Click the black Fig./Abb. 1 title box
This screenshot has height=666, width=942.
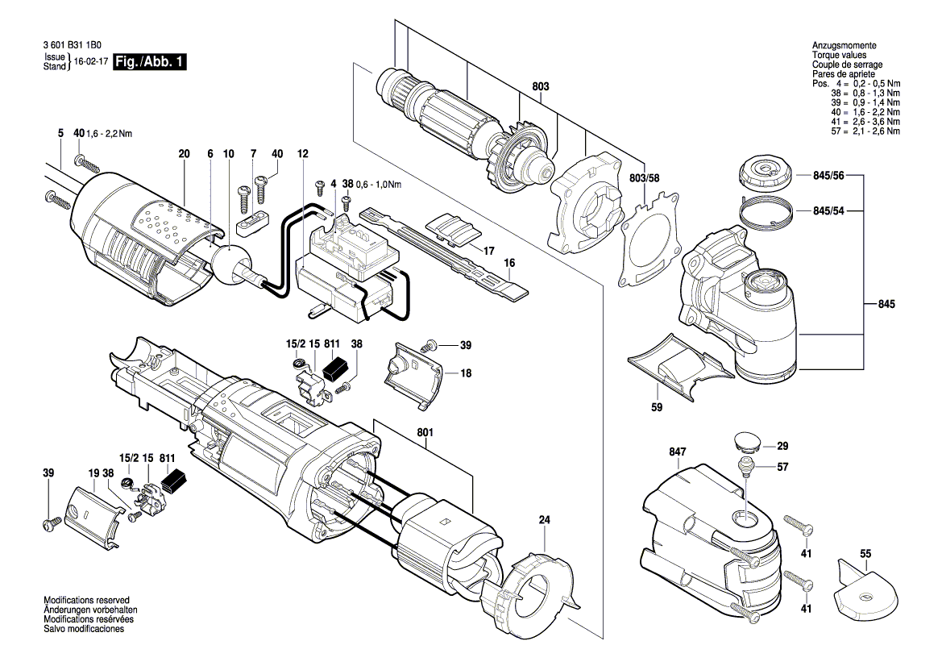(x=150, y=61)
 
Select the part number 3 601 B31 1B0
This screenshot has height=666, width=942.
(x=73, y=45)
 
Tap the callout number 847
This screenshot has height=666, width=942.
(x=677, y=452)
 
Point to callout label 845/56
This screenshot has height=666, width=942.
(x=828, y=176)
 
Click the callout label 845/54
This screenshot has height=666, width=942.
(x=828, y=211)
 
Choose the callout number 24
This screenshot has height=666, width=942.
(x=544, y=520)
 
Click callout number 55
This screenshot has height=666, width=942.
(x=865, y=553)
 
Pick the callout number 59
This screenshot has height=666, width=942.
(x=657, y=407)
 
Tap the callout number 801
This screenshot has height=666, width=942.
(x=425, y=433)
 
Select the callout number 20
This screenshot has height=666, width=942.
(x=184, y=154)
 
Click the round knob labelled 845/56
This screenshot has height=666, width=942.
(x=763, y=170)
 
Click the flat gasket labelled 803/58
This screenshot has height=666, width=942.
(x=650, y=241)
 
